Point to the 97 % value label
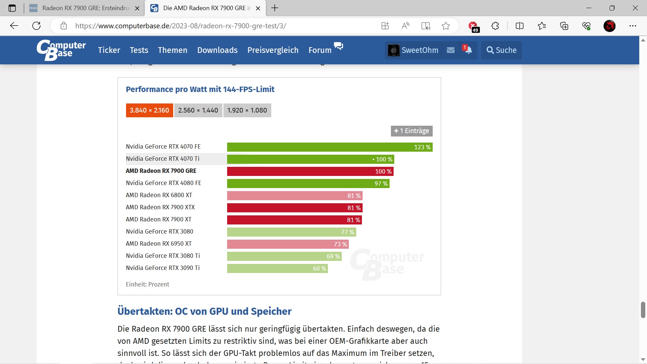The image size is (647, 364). point(381,184)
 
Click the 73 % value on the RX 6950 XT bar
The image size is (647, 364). point(340,244)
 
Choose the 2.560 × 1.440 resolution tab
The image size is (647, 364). point(198,111)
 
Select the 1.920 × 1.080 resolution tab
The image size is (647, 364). point(247,111)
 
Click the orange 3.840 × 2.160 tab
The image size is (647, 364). point(149,111)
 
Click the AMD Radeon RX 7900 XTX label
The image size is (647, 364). point(160,207)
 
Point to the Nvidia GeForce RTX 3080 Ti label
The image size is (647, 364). point(163,256)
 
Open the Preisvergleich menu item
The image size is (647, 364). point(273,50)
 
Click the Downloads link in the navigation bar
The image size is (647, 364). point(217,50)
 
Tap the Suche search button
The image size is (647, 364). point(501,50)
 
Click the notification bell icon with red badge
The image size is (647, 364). point(468,50)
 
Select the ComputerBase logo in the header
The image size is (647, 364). point(61,50)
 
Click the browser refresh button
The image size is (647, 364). point(36,26)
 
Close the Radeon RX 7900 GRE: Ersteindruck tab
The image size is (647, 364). point(137,8)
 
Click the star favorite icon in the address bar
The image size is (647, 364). point(446,26)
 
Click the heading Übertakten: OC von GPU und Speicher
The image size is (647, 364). point(205,311)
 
